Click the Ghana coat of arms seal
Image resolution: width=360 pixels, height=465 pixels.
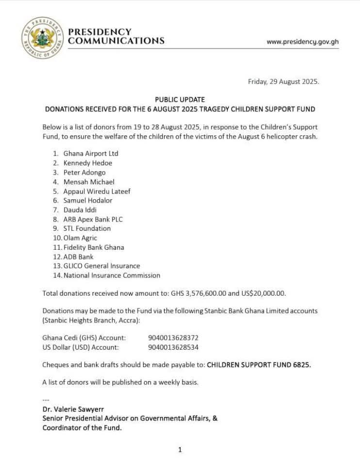click(43, 38)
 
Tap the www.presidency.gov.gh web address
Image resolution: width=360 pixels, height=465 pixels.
click(302, 42)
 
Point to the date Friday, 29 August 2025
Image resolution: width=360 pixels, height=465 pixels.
click(283, 82)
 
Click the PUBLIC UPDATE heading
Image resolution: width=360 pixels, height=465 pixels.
click(180, 99)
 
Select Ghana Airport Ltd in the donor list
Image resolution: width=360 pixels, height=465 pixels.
click(91, 154)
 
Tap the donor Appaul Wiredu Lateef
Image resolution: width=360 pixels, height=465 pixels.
click(97, 191)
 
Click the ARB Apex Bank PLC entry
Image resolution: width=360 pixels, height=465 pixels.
click(93, 219)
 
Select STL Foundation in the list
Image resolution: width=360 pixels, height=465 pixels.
click(87, 228)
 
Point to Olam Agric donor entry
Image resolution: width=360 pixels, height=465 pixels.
click(80, 238)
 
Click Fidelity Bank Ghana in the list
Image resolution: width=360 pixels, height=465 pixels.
click(94, 247)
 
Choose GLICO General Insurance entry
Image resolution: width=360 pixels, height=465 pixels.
click(101, 266)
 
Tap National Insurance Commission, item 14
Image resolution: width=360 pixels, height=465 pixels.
click(112, 275)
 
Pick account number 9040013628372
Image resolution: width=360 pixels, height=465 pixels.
click(173, 337)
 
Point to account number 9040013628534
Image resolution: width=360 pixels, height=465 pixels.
click(173, 347)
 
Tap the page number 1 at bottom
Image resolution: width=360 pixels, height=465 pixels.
click(180, 450)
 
